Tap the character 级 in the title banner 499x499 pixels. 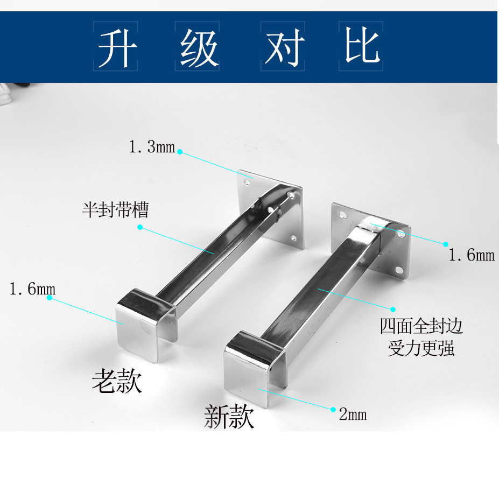click(x=198, y=47)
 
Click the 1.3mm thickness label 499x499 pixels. click(x=152, y=147)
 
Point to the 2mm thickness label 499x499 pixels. click(x=353, y=414)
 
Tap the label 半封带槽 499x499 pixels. click(x=115, y=210)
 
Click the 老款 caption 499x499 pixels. click(x=117, y=381)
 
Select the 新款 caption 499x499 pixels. click(x=229, y=417)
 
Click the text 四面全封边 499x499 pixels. click(x=421, y=326)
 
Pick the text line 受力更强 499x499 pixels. click(x=421, y=348)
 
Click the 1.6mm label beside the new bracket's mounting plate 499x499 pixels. click(x=472, y=255)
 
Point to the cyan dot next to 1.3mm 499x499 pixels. click(x=180, y=152)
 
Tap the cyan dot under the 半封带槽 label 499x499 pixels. click(x=140, y=227)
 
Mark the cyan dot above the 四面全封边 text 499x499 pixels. click(x=393, y=310)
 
